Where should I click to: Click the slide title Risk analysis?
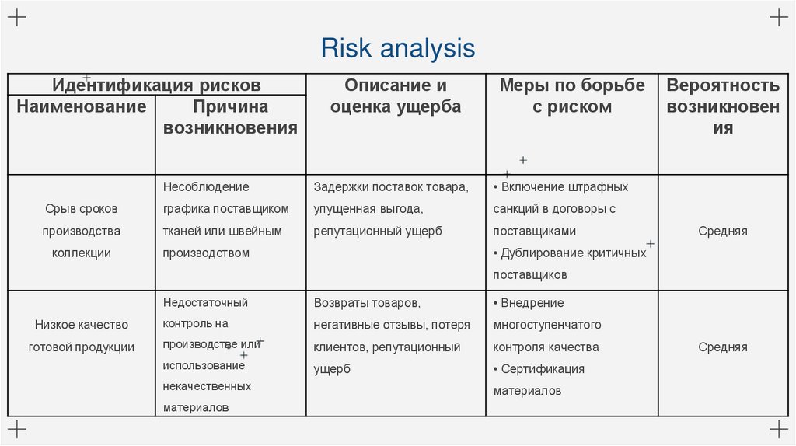tap(397, 48)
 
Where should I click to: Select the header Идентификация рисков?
tap(156, 85)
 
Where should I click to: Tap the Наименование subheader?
tap(82, 106)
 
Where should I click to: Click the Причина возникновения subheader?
tap(230, 117)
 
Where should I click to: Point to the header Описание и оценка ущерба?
tap(396, 96)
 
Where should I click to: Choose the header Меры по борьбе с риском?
tap(572, 96)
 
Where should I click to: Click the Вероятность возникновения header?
tap(723, 106)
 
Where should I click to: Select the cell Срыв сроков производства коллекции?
tap(82, 231)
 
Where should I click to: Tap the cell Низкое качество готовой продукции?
tap(82, 336)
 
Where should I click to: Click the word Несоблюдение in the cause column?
tap(206, 187)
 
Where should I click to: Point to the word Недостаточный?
tap(205, 302)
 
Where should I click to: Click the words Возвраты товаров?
tap(367, 302)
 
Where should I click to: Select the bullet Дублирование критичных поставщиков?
tap(570, 263)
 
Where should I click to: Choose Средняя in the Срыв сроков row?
tap(723, 231)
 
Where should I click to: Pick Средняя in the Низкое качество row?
tap(723, 347)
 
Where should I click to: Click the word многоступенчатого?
tap(547, 325)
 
